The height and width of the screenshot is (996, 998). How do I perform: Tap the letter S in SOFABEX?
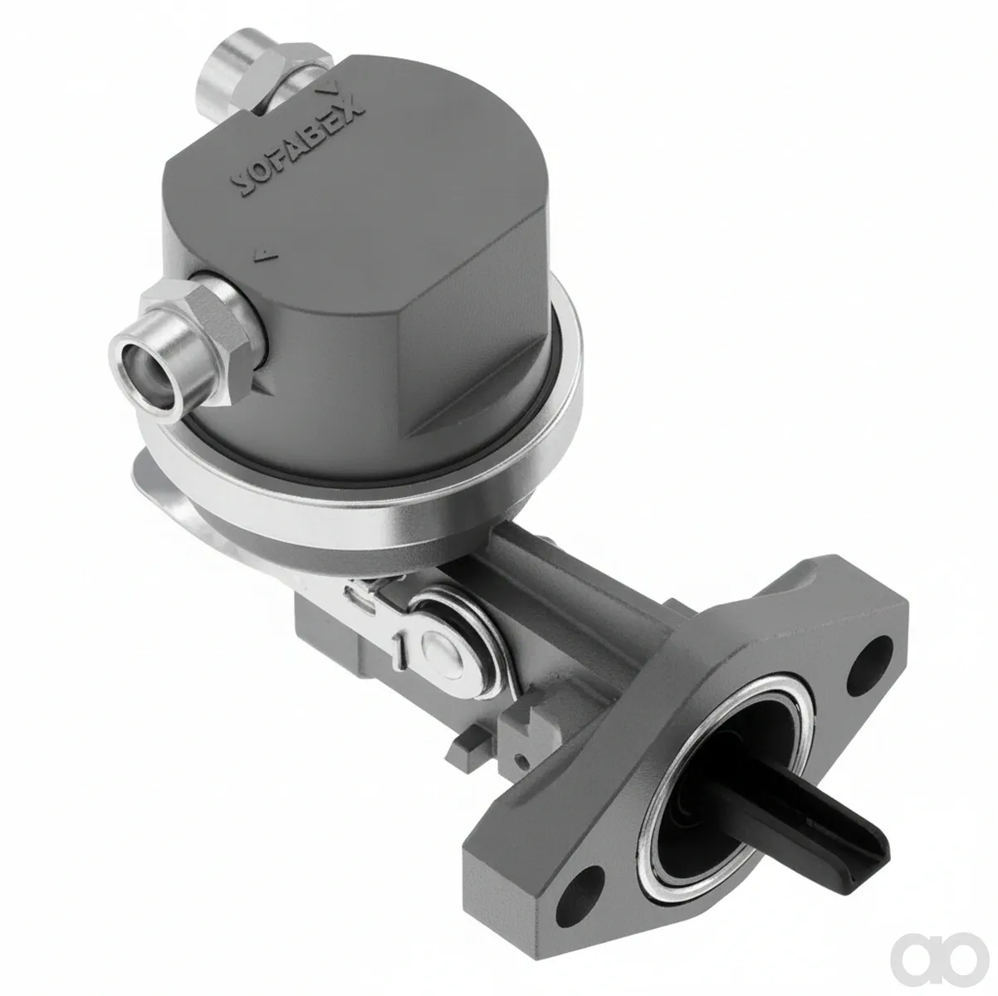click(x=243, y=184)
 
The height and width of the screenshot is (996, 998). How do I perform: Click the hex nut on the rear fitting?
click(x=280, y=78)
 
